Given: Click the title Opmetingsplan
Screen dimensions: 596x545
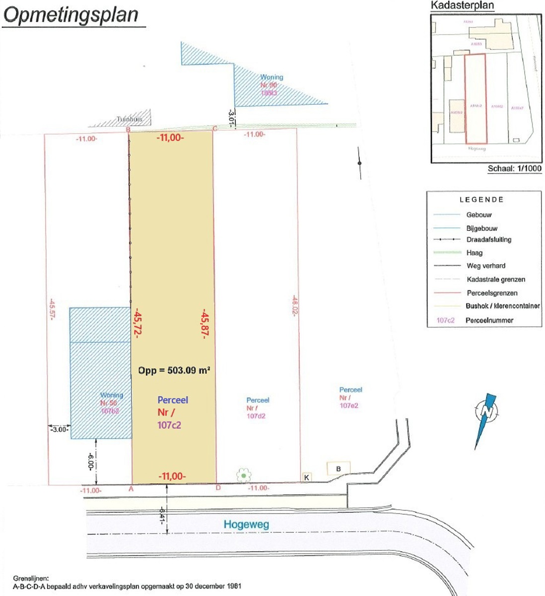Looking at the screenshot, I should [71, 15].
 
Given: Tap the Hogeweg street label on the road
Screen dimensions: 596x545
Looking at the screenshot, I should [246, 524].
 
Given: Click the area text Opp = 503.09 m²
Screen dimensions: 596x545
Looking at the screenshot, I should [174, 371].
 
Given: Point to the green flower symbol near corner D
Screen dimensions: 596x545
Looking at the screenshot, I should [244, 475].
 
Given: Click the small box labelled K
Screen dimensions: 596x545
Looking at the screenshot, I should [307, 477].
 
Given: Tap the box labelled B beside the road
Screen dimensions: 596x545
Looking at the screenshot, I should [339, 468].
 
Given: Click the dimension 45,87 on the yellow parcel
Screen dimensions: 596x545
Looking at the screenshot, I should [204, 323].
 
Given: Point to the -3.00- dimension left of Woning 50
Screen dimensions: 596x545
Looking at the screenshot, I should [59, 429].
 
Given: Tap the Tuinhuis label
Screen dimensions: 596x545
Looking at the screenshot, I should [129, 119].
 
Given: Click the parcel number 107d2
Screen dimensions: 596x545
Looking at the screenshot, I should [256, 416].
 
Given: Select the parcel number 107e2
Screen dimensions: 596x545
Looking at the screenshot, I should [349, 405].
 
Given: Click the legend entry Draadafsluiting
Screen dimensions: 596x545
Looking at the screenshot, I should [488, 239].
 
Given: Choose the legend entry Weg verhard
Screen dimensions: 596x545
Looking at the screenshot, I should [485, 266].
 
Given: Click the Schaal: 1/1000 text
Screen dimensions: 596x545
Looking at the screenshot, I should [514, 168].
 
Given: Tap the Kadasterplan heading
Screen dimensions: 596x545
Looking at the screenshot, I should [462, 5].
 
